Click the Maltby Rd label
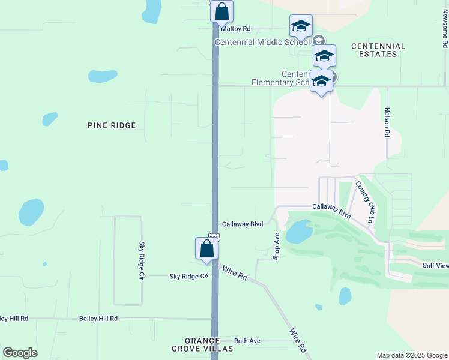[235, 29]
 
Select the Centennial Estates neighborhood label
[378, 50]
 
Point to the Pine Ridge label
[112, 125]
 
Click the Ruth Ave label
[247, 341]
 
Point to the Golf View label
[435, 265]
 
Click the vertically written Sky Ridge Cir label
[142, 262]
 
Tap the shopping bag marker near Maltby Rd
[221, 11]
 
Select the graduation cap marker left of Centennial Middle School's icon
[301, 26]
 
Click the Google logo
[20, 353]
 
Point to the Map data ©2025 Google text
[412, 355]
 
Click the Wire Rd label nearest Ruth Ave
[298, 340]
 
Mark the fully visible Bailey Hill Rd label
[98, 319]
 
